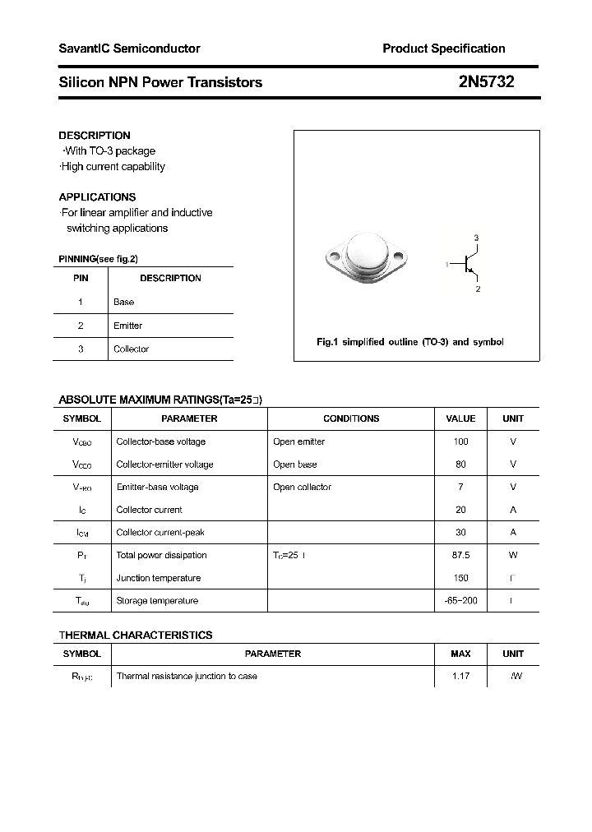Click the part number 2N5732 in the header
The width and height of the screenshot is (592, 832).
click(x=487, y=81)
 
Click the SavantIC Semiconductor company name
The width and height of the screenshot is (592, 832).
click(x=129, y=49)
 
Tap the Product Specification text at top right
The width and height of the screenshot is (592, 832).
click(x=443, y=49)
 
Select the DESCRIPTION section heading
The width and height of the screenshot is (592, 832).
click(x=95, y=135)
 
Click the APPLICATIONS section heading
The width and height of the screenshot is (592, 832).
click(x=97, y=197)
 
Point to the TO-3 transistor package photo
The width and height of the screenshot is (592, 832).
click(x=363, y=257)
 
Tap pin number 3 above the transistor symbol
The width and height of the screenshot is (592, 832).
click(x=476, y=238)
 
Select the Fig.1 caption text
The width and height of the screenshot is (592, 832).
click(x=409, y=342)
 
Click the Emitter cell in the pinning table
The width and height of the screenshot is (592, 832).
click(x=127, y=326)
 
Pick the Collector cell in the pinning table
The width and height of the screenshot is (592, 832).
click(x=131, y=349)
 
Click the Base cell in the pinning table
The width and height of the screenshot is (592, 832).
click(x=123, y=302)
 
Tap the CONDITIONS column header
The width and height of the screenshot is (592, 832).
click(x=351, y=418)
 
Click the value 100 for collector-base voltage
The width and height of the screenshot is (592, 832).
click(x=460, y=441)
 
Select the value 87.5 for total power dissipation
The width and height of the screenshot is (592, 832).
click(x=460, y=555)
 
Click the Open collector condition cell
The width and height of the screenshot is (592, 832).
click(x=302, y=487)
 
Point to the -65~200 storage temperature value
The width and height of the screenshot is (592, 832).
click(x=460, y=601)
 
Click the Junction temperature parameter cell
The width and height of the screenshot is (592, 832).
click(x=157, y=578)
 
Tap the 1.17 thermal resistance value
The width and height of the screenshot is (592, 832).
click(x=460, y=677)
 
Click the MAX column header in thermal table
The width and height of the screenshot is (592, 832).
click(x=460, y=654)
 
